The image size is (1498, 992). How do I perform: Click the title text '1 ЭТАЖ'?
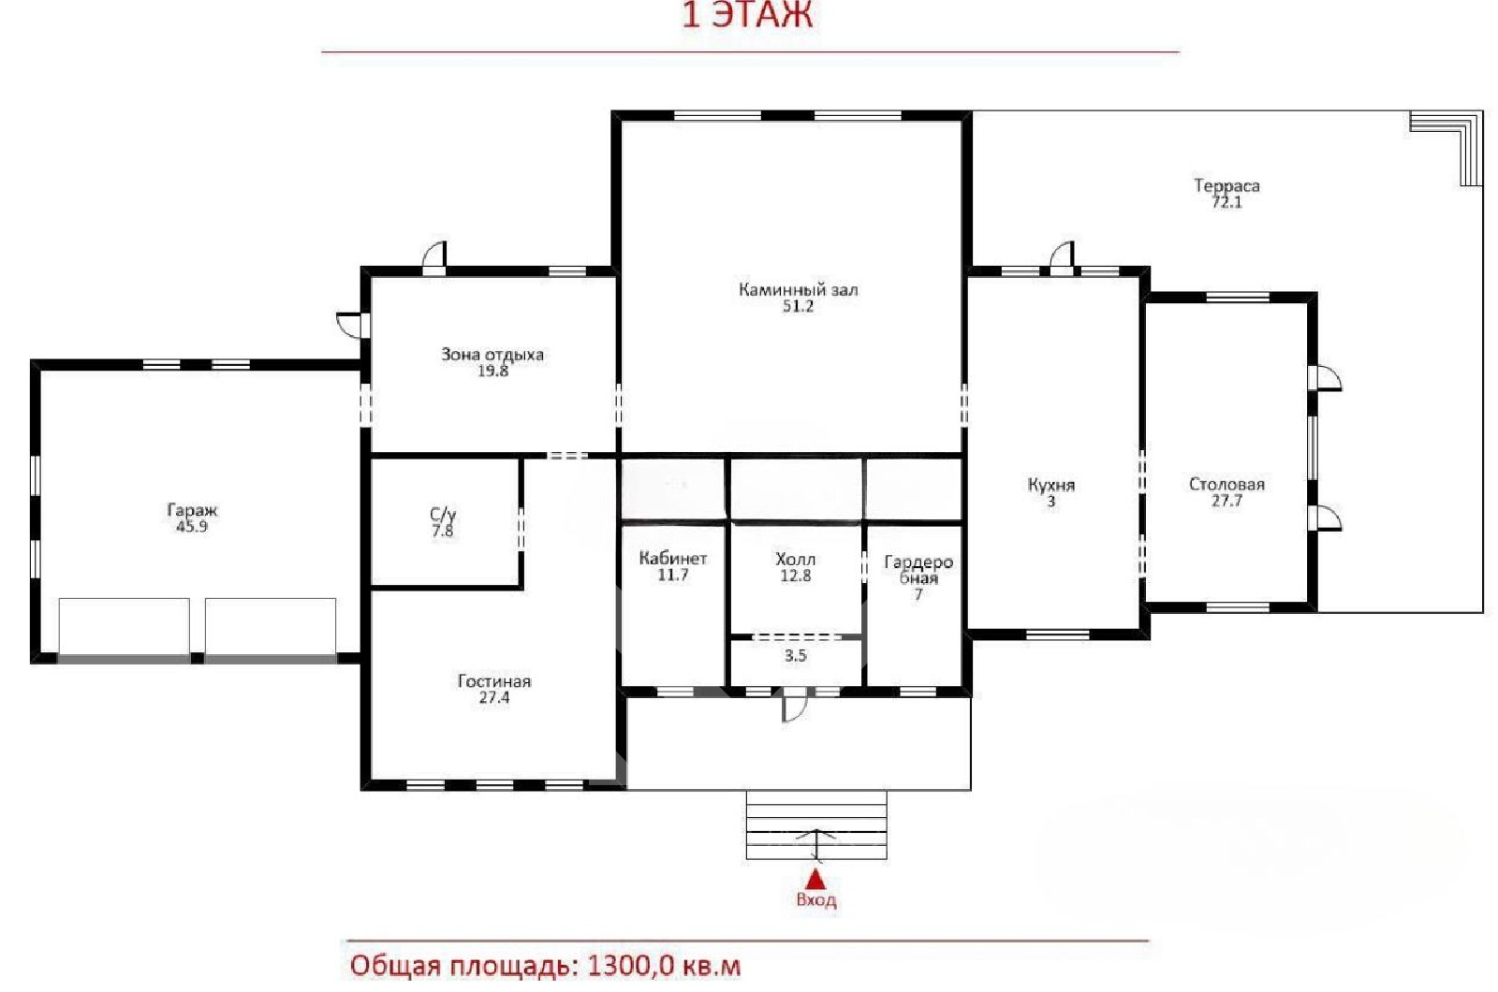[747, 15]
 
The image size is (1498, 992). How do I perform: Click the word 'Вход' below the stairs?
[815, 899]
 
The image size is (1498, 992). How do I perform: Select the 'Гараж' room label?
[193, 510]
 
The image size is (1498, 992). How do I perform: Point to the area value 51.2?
[798, 306]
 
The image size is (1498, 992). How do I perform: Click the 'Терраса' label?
[1226, 185]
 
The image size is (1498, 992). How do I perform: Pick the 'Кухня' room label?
[1050, 485]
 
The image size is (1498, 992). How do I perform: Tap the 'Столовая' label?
[1226, 484]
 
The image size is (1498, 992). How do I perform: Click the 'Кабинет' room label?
[673, 558]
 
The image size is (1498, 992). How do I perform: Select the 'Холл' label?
[795, 559]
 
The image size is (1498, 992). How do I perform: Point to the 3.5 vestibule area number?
[795, 656]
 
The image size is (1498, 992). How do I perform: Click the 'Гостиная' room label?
[494, 681]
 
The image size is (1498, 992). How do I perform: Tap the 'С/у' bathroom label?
[443, 514]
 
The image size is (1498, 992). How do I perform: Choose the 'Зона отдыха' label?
[492, 355]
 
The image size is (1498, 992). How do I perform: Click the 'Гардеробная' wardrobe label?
[918, 570]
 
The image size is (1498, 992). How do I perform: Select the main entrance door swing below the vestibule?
[795, 705]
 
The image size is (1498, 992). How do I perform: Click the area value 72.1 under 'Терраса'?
[1226, 202]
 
